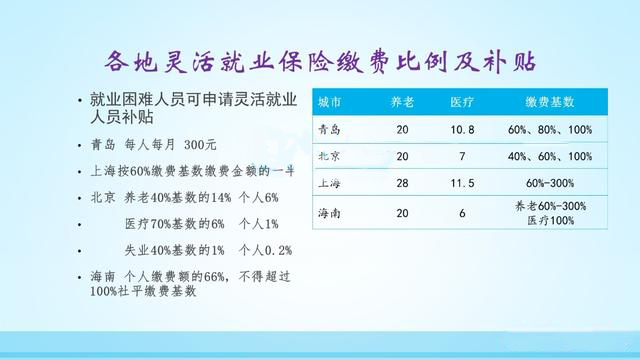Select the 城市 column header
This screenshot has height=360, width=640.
point(331,102)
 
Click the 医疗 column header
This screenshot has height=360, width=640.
point(461,102)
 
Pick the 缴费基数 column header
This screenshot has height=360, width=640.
point(549,102)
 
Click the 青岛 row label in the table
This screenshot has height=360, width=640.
point(331,129)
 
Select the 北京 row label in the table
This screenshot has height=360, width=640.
point(331,156)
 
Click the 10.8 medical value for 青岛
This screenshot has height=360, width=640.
point(461,129)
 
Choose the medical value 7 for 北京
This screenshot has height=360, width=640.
point(461,156)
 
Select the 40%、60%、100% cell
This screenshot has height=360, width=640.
point(549,156)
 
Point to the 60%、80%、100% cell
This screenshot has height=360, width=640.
point(549,129)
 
